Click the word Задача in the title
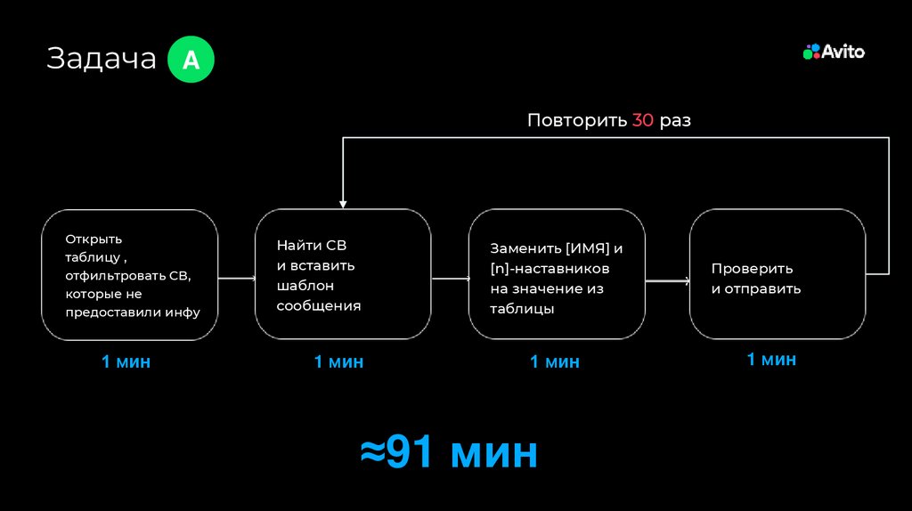click(x=101, y=59)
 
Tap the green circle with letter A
click(x=191, y=60)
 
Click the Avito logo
click(x=834, y=52)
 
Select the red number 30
click(x=643, y=120)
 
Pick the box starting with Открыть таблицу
click(x=130, y=274)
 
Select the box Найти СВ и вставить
click(x=343, y=274)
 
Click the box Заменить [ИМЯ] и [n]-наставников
click(x=557, y=274)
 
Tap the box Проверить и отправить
click(x=778, y=274)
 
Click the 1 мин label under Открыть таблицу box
click(x=126, y=362)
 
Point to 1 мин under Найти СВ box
click(x=338, y=362)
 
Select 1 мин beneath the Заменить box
click(x=555, y=362)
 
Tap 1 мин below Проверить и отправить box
click(x=771, y=360)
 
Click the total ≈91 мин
click(x=449, y=452)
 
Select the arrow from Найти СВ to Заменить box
click(x=450, y=279)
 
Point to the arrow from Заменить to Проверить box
click(x=667, y=281)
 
